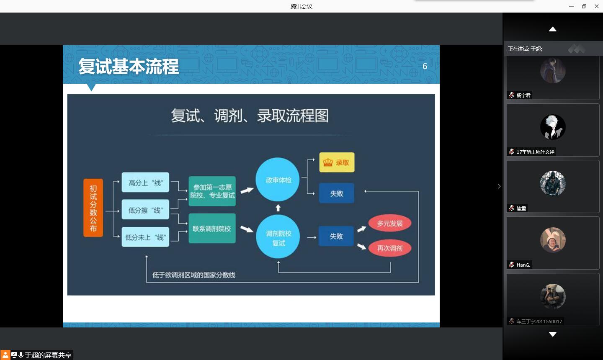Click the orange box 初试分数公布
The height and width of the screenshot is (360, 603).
[x=93, y=208]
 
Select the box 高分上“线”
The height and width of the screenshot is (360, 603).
[x=145, y=183]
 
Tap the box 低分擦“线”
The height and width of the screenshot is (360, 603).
[x=145, y=210]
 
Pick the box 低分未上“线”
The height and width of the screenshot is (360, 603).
[x=145, y=237]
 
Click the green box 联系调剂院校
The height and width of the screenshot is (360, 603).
[x=212, y=229]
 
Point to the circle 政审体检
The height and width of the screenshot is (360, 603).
[x=278, y=180]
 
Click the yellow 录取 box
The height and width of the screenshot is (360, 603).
[x=337, y=162]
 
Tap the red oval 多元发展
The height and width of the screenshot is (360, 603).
[x=390, y=223]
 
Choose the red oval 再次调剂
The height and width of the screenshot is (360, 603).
[x=390, y=248]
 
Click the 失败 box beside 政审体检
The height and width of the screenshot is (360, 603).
[x=337, y=193]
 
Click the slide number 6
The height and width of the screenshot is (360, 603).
[x=425, y=66]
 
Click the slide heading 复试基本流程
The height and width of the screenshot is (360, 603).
[x=129, y=66]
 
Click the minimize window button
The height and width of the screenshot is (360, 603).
[x=572, y=6]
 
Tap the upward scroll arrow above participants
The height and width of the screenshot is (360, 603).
[x=553, y=29]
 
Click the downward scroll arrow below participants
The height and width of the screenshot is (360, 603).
[x=553, y=334]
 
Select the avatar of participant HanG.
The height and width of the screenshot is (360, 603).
[x=553, y=240]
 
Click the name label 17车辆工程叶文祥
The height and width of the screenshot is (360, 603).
[x=535, y=152]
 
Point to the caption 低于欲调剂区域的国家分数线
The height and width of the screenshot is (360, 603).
[x=194, y=275]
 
